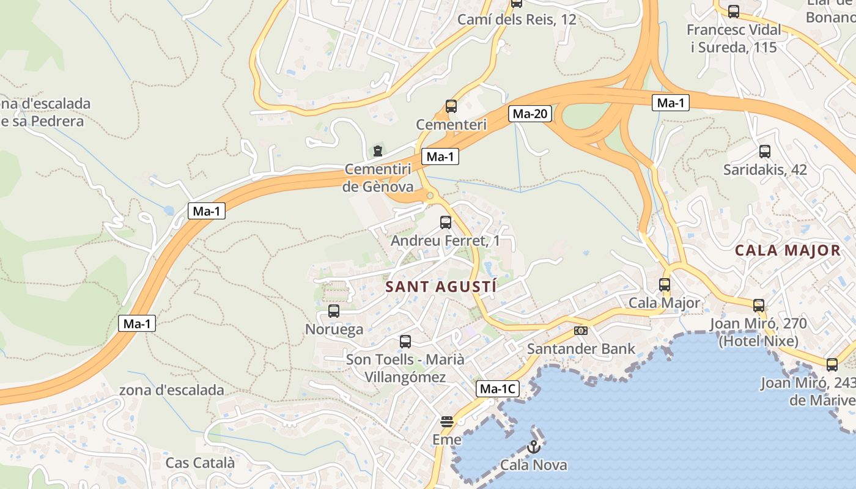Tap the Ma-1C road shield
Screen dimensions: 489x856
(497, 389)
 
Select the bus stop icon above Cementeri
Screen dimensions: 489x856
(451, 106)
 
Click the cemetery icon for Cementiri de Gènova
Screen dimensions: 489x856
(378, 150)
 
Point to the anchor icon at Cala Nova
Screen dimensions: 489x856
(534, 447)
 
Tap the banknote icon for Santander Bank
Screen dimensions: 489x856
(581, 331)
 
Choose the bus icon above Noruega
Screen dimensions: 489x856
(334, 311)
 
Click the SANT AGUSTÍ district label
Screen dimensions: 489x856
(441, 286)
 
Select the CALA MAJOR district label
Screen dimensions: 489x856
(788, 250)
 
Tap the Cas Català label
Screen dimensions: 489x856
(200, 463)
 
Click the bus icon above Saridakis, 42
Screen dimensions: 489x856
(765, 152)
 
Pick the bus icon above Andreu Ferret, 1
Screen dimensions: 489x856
(446, 222)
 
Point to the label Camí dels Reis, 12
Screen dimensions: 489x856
(517, 20)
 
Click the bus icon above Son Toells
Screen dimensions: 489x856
(405, 342)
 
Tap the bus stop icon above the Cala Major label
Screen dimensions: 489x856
(665, 285)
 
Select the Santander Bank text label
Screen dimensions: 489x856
(581, 349)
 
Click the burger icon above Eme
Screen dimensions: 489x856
(447, 421)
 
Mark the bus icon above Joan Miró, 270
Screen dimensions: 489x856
(759, 305)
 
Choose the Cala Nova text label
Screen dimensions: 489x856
(534, 465)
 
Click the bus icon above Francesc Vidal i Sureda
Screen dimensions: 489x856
(734, 11)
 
